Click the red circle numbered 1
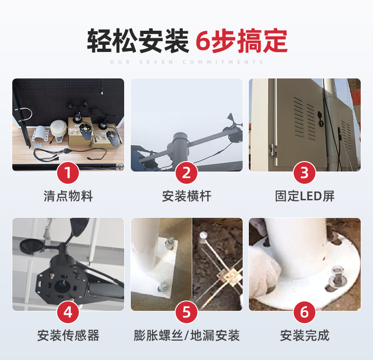click(x=68, y=172)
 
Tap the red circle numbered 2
click(x=186, y=172)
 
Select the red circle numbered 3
click(x=305, y=172)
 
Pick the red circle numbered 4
click(x=68, y=312)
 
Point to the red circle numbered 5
click(x=186, y=312)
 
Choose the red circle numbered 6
click(x=305, y=312)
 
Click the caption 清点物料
click(x=68, y=196)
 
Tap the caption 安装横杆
click(x=186, y=196)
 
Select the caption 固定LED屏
click(x=305, y=196)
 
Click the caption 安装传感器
click(x=68, y=335)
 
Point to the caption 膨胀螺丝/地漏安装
click(x=186, y=335)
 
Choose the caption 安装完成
click(x=305, y=335)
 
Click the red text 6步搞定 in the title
click(x=241, y=41)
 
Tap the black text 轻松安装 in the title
click(x=138, y=41)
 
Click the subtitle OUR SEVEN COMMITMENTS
click(x=187, y=62)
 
